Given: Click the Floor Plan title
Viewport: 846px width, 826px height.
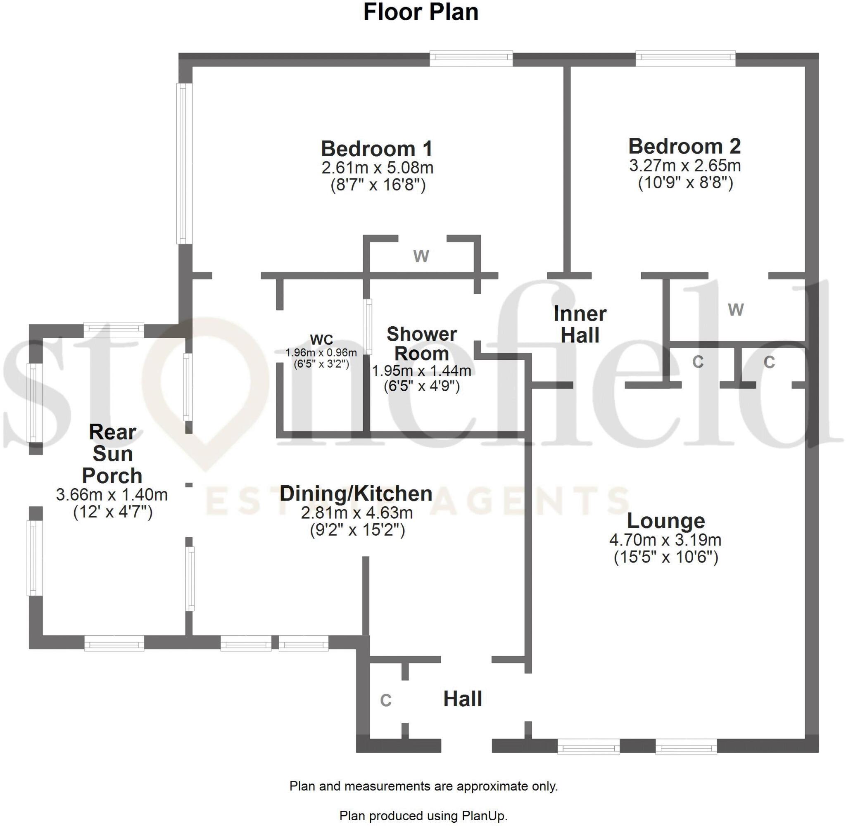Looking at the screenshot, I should [421, 12].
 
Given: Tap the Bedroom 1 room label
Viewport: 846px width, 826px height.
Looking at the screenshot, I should [377, 149].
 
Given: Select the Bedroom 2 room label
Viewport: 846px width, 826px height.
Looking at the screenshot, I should [684, 146].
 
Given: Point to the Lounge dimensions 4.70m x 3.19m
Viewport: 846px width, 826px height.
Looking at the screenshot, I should [665, 540].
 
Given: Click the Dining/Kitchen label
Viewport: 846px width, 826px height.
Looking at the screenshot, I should [356, 493].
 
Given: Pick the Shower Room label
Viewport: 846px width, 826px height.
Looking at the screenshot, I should [421, 344].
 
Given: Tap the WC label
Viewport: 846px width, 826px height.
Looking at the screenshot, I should [321, 339].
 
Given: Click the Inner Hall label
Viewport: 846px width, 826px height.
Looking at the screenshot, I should [580, 324].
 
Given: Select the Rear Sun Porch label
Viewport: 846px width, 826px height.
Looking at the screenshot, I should [112, 453].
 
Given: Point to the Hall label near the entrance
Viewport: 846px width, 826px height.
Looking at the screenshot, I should [463, 699].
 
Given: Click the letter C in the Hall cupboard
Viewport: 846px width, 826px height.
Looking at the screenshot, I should [386, 700].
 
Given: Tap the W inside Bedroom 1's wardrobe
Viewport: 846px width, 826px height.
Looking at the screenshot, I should [421, 256].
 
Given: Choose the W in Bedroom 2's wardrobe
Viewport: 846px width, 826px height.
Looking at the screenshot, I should [736, 309].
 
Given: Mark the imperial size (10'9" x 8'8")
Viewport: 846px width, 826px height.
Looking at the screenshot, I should [685, 183].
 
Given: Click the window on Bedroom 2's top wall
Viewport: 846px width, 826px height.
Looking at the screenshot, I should [685, 58].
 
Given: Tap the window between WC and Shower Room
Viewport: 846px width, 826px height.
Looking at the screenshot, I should [368, 326].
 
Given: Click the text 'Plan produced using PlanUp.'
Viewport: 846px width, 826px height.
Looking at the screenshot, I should [423, 816].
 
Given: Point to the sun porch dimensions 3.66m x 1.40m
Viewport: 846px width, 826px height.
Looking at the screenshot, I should [112, 494].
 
